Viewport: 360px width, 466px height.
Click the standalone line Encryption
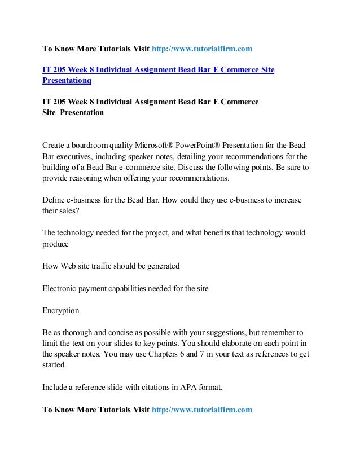(61, 310)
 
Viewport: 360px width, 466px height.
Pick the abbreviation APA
(201, 387)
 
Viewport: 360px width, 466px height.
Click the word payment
(98, 288)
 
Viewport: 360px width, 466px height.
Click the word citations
(161, 387)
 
